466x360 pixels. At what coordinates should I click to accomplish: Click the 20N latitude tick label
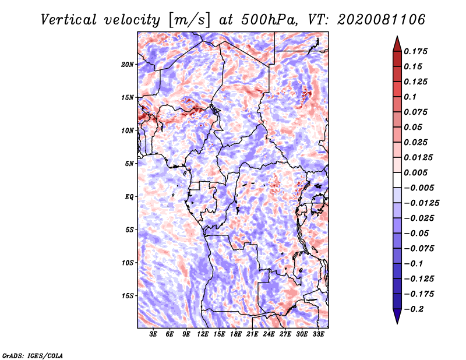coord(128,65)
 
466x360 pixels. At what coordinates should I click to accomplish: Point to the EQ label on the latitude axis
coord(129,197)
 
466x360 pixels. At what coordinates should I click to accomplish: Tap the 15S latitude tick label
coord(128,296)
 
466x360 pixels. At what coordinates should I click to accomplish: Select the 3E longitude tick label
coord(153,334)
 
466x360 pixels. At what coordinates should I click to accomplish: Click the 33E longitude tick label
coord(318,334)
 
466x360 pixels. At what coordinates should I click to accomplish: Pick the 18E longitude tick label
coord(236,334)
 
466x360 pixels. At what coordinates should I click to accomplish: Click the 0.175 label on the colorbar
coord(415,51)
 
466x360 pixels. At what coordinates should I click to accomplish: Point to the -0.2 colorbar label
coord(414,309)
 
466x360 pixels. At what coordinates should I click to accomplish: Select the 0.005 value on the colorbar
coord(415,172)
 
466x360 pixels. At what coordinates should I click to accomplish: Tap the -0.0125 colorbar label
coord(421,203)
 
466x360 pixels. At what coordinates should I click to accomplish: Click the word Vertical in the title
coord(69,20)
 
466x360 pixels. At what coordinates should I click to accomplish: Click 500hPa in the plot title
coord(269,20)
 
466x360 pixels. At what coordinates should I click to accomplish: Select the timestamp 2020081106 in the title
coord(382,20)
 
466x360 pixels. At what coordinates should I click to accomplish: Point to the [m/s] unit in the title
coord(189,20)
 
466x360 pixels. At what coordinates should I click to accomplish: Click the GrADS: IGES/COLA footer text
coord(33,356)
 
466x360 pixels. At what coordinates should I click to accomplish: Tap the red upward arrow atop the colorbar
coord(397,44)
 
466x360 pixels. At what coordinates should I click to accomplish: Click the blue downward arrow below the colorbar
coord(397,316)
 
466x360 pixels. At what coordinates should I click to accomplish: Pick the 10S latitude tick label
coord(128,263)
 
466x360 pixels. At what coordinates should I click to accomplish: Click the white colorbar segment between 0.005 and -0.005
coord(397,180)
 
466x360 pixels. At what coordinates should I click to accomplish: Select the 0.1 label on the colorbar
coord(410,97)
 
